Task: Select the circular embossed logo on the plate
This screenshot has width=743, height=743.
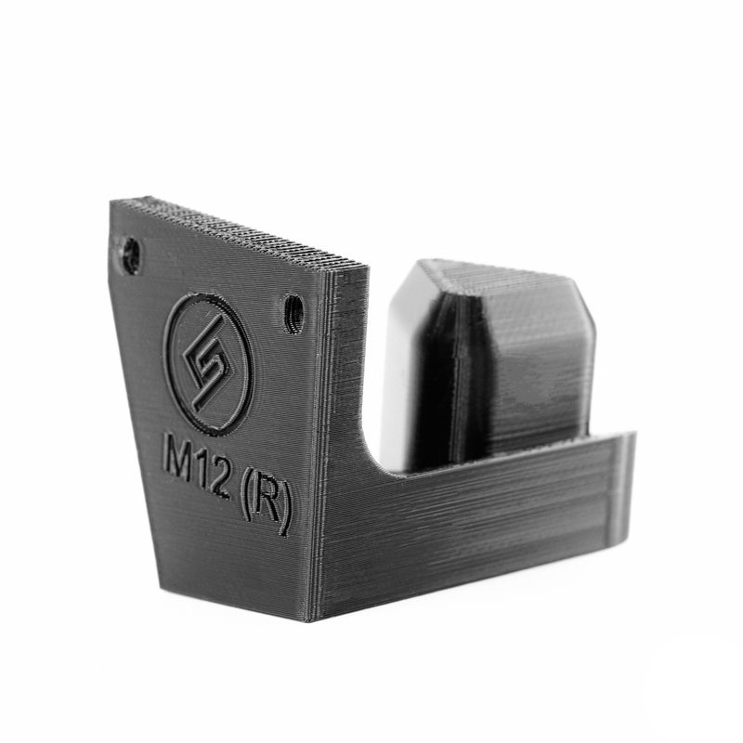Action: tap(206, 364)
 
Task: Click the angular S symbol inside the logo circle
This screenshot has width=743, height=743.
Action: tap(205, 364)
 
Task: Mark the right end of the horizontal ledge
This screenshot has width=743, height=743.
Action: tap(626, 492)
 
